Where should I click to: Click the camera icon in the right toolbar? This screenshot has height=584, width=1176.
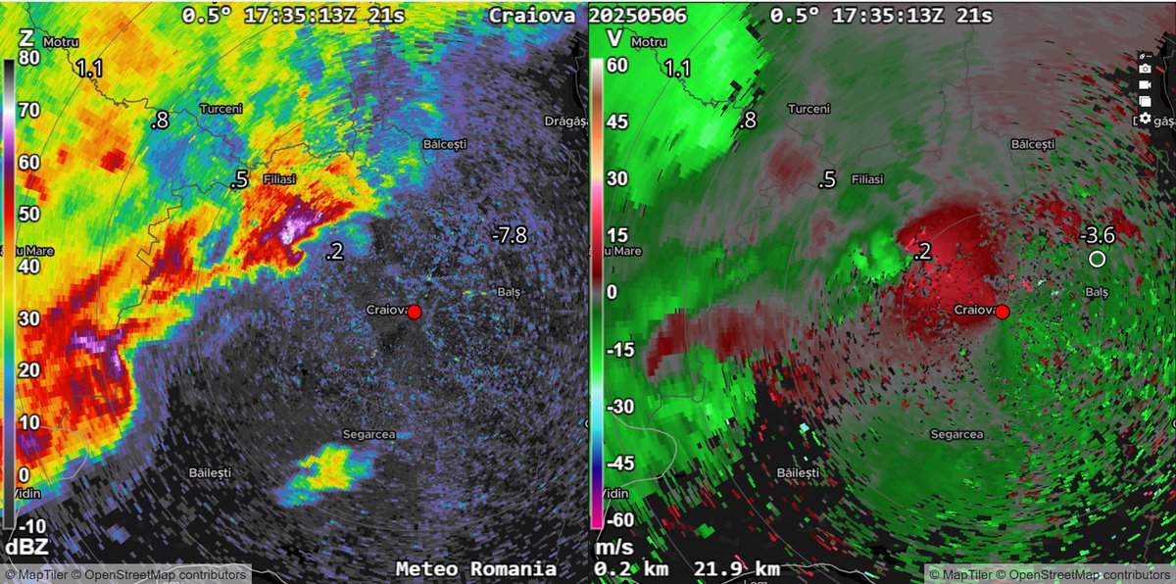pyautogui.click(x=1145, y=68)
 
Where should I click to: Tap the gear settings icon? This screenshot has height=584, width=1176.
pyautogui.click(x=1145, y=118)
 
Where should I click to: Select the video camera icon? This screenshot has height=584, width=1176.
pyautogui.click(x=1145, y=84)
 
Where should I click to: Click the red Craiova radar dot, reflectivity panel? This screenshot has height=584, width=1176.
pyautogui.click(x=414, y=312)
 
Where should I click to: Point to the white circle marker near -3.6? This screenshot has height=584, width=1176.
pyautogui.click(x=1097, y=259)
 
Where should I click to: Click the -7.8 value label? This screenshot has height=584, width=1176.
pyautogui.click(x=510, y=233)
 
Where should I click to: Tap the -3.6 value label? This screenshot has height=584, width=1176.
pyautogui.click(x=1098, y=235)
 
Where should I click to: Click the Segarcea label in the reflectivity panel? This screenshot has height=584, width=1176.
pyautogui.click(x=367, y=433)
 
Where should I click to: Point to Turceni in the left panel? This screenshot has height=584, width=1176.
pyautogui.click(x=220, y=109)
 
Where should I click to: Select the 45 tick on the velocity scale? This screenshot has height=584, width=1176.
pyautogui.click(x=616, y=124)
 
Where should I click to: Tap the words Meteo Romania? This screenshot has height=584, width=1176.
pyautogui.click(x=476, y=568)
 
